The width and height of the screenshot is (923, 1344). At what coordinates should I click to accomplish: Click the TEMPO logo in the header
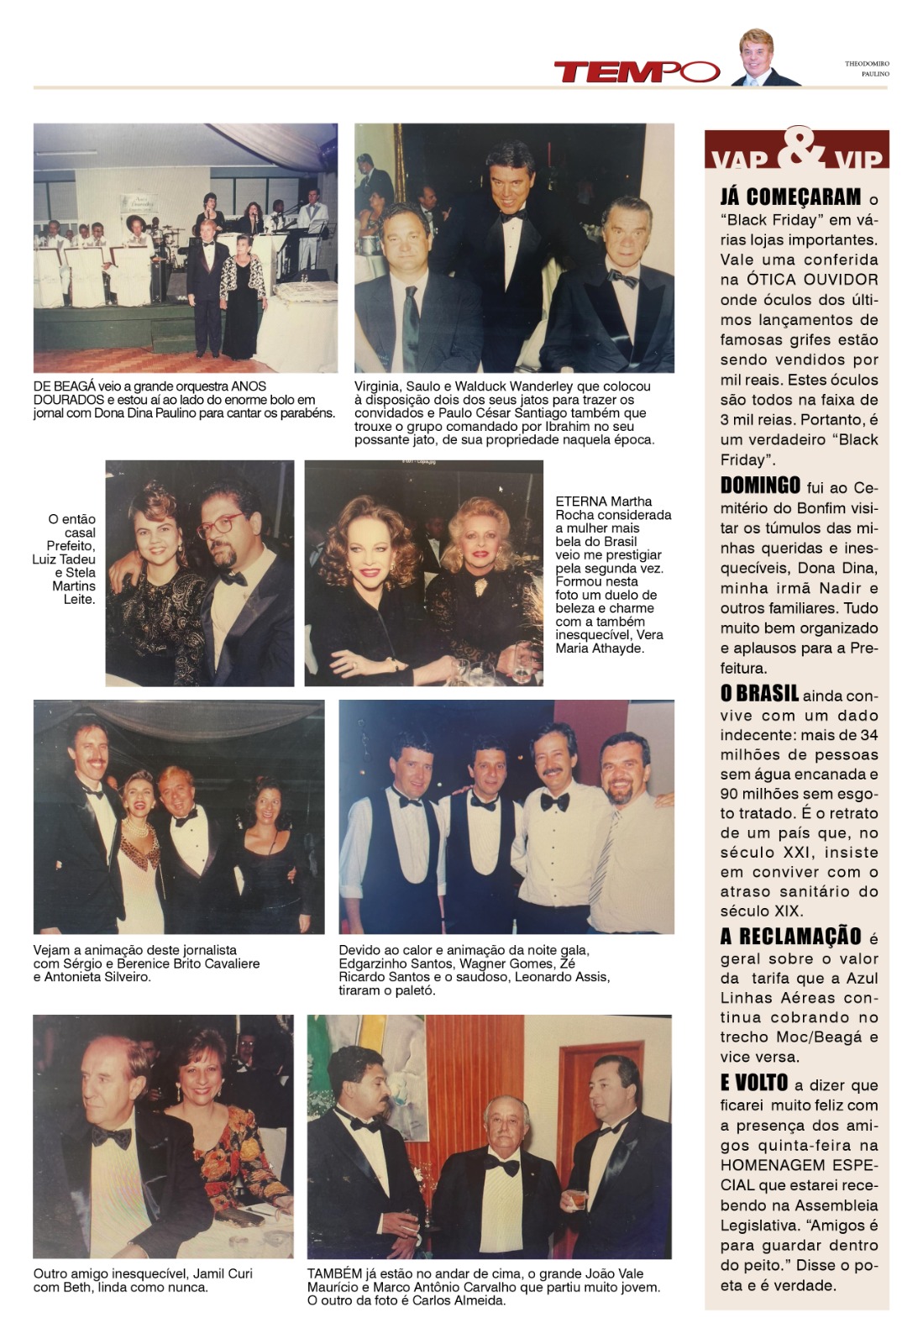point(636,72)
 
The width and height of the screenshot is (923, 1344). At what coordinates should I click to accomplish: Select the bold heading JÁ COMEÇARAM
point(790,197)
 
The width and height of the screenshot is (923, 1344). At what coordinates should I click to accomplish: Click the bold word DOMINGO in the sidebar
point(760,486)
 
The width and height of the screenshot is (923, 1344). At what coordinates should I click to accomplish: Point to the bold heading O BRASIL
point(759,694)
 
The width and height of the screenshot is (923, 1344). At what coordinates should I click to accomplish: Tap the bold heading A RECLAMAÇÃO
point(790,937)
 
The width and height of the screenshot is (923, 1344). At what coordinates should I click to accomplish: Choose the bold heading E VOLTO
point(753,1083)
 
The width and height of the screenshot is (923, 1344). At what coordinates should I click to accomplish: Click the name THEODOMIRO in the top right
point(867,64)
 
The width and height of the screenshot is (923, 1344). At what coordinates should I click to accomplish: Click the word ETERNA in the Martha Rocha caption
point(578,501)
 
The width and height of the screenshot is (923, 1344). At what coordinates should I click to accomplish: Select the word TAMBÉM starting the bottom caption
point(334,1273)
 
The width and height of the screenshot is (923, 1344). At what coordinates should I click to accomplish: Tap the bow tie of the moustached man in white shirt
point(554,802)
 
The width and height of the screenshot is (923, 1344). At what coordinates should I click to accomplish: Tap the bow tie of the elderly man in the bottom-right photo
point(503,1167)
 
